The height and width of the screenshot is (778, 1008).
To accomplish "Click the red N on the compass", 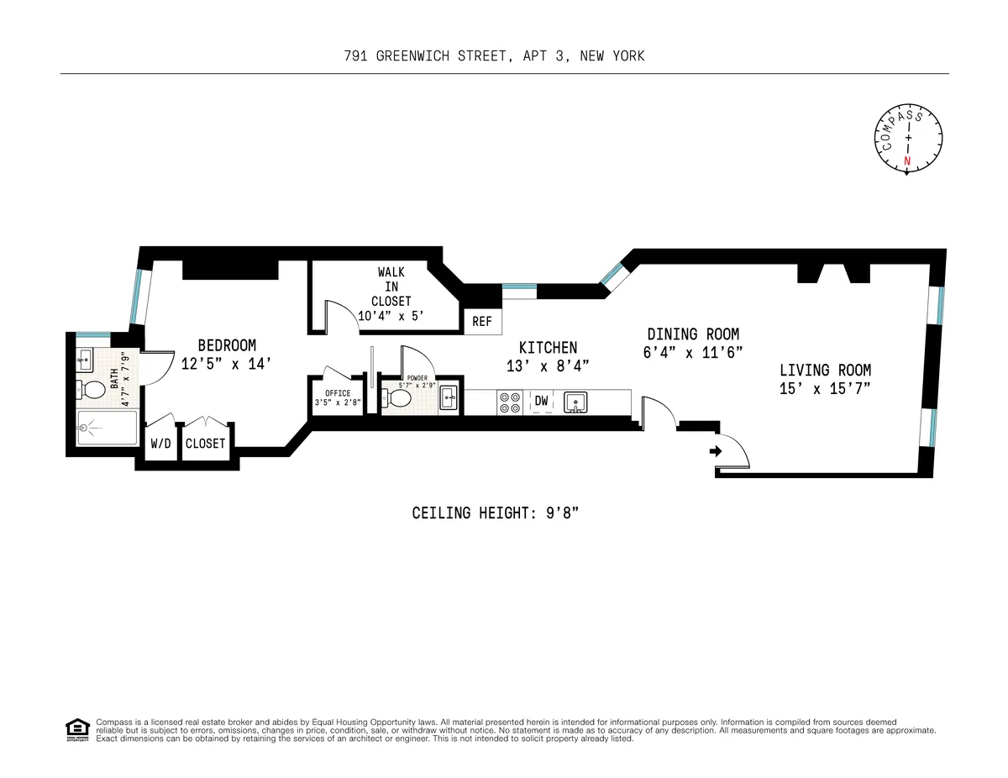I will pos(906,161).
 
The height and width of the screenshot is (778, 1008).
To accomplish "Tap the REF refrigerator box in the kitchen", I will pos(482,322).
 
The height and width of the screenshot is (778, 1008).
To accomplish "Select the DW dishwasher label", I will pos(542,402).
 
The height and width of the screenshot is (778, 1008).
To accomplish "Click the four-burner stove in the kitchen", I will pos(510,402).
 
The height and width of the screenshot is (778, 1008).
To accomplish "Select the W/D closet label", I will pos(160,443).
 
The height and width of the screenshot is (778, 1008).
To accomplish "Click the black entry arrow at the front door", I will pos(715,451).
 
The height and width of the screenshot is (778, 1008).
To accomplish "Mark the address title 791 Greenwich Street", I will pos(494,56).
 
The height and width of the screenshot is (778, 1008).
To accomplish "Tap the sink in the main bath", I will pos(84,360).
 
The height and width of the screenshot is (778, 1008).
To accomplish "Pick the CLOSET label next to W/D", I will pos(205,443).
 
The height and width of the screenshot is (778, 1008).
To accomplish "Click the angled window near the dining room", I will pos(612,274).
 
